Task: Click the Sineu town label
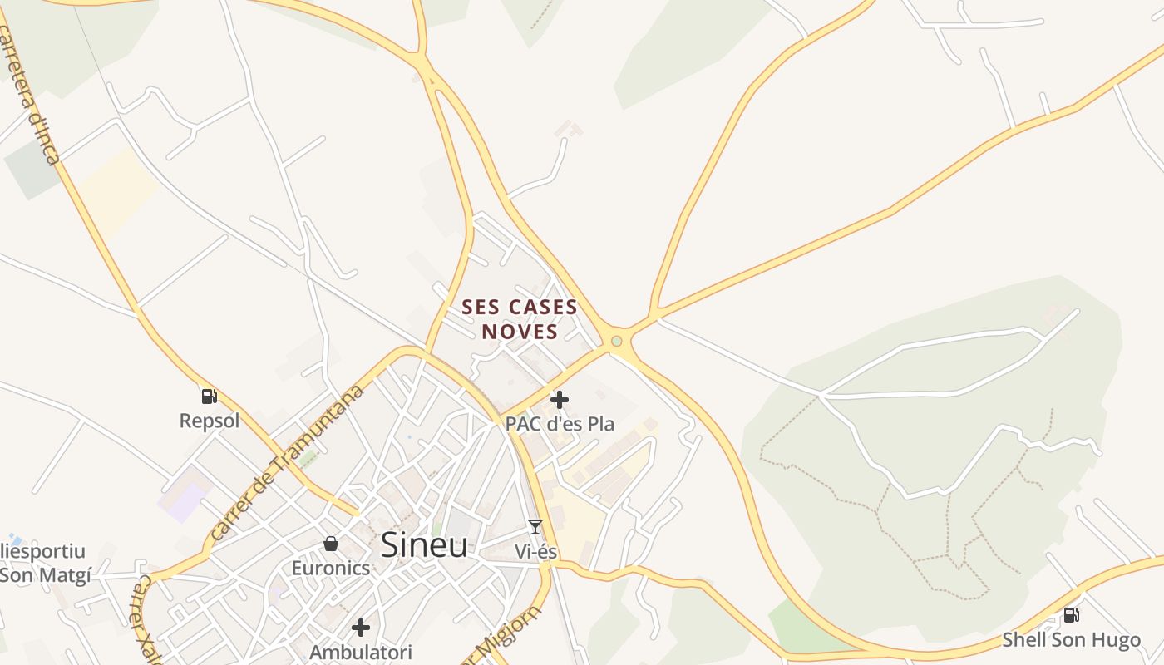tap(424, 544)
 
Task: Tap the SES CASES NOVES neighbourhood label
tap(520, 319)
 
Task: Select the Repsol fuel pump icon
tap(209, 397)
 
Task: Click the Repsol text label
tap(210, 421)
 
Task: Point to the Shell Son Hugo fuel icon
tap(1072, 615)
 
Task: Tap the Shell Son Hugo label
tap(1071, 639)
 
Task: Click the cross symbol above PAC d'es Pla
tap(560, 400)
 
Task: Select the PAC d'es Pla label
tap(560, 423)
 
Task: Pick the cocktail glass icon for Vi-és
tap(535, 527)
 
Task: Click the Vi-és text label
tap(535, 551)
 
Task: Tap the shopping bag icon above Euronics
tap(331, 544)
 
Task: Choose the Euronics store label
tap(331, 568)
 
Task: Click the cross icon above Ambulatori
tap(361, 627)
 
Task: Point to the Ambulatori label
tap(361, 652)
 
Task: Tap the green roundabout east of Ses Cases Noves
tap(616, 341)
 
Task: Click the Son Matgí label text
tap(46, 574)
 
